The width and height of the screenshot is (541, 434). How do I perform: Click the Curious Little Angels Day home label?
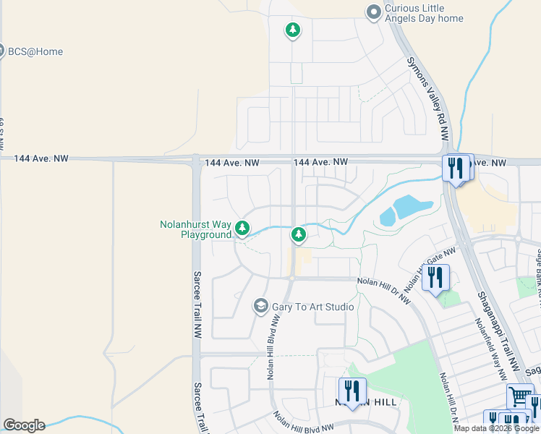(423, 13)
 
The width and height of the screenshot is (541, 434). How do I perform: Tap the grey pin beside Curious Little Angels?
(373, 12)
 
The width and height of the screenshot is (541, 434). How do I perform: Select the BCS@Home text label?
(35, 52)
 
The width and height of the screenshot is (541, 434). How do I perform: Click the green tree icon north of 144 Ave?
(292, 30)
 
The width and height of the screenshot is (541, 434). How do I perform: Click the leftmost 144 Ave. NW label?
(41, 158)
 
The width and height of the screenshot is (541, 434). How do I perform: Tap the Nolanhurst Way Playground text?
(195, 230)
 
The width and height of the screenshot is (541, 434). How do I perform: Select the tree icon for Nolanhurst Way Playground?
(242, 229)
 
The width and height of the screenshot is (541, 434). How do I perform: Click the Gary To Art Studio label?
(312, 307)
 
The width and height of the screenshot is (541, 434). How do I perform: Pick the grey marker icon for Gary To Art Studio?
(260, 307)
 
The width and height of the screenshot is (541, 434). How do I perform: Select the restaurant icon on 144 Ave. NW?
(455, 168)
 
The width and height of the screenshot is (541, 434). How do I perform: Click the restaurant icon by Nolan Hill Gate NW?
(435, 277)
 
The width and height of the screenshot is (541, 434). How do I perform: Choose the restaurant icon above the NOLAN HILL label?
(351, 391)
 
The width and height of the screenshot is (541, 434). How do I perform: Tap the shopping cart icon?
(519, 396)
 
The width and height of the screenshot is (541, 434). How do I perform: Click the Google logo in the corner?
(24, 425)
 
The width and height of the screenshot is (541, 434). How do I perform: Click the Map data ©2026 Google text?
(496, 428)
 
